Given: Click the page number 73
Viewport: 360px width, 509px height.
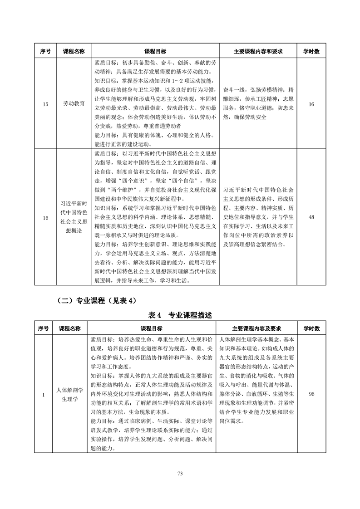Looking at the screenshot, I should click(x=180, y=473).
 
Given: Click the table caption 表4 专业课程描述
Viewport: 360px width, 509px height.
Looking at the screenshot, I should click(x=180, y=315).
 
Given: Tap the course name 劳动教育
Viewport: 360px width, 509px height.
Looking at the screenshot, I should click(x=74, y=104).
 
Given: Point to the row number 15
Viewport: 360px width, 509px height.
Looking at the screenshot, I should click(x=45, y=104).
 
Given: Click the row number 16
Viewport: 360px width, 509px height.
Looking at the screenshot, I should click(x=45, y=218).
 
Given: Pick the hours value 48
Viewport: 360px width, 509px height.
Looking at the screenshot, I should click(x=311, y=217).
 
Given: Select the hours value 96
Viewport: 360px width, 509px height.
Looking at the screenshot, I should click(x=311, y=394).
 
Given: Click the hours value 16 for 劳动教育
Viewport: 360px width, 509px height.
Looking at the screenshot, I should click(x=311, y=104).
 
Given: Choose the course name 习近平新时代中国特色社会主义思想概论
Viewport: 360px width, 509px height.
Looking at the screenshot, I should click(x=74, y=218).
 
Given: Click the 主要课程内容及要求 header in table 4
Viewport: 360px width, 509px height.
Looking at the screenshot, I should click(x=257, y=328).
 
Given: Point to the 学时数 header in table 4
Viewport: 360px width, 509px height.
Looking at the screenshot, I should click(x=311, y=328).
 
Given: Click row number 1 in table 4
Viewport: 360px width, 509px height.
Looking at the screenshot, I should click(x=44, y=394).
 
